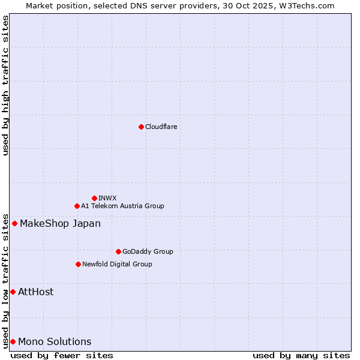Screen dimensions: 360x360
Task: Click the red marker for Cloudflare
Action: click(x=141, y=127)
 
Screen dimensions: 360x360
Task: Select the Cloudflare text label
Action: click(x=161, y=127)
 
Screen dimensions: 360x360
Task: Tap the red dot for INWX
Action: click(x=94, y=198)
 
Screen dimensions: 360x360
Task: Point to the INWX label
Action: click(x=107, y=198)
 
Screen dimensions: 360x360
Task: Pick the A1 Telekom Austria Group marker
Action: click(x=77, y=206)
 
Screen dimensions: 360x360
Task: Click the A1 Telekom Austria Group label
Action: click(x=122, y=206)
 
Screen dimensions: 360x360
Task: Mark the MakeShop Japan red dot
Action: click(x=14, y=224)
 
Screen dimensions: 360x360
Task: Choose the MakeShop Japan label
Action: click(x=60, y=224)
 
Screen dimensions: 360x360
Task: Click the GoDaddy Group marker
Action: click(x=118, y=251)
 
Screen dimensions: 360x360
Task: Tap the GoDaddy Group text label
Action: click(x=148, y=251)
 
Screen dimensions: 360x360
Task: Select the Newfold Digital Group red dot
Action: click(x=78, y=264)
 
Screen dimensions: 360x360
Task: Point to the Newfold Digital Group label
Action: click(x=117, y=264)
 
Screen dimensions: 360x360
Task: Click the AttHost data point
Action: click(x=13, y=292)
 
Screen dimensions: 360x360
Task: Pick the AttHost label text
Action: click(x=36, y=292)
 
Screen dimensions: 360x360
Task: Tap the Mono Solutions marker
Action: click(x=13, y=341)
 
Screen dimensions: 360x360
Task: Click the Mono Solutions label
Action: click(x=55, y=342)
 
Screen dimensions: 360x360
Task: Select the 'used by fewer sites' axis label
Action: click(x=62, y=355)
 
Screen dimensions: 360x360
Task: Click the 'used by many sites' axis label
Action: click(x=301, y=355)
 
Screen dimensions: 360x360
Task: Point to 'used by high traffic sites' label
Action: click(x=5, y=85)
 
